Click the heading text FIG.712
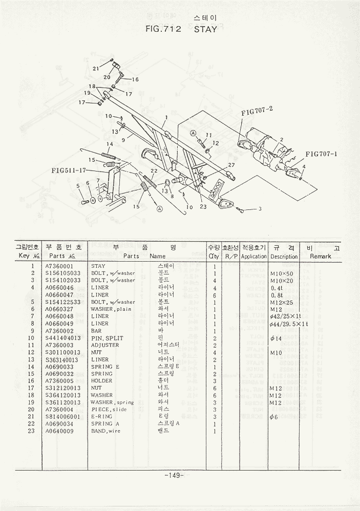pos(164,29)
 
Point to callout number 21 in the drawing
pos(96,68)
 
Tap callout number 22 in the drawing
pos(153,171)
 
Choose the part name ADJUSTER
pos(104,345)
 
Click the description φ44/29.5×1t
pos(287,324)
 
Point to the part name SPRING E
pos(105,367)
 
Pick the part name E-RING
pos(102,417)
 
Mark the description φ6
pos(273,417)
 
